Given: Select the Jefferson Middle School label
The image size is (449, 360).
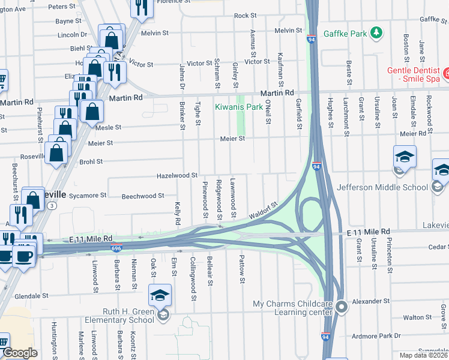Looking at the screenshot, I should pyautogui.click(x=382, y=187).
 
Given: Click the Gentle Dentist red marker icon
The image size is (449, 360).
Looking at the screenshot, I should pyautogui.click(x=445, y=75).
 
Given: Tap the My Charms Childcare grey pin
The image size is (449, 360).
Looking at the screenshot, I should pyautogui.click(x=342, y=307).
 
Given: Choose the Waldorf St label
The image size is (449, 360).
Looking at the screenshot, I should pyautogui.click(x=265, y=211).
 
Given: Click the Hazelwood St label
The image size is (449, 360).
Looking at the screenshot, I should pyautogui.click(x=177, y=175).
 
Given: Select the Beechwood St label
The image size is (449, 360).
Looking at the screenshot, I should pyautogui.click(x=143, y=196).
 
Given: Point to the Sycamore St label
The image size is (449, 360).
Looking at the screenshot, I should pyautogui.click(x=88, y=195).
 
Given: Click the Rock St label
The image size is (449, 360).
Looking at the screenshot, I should pyautogui.click(x=245, y=16).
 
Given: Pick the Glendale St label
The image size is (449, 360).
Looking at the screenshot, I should pyautogui.click(x=31, y=296).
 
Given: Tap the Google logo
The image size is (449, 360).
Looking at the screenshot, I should pyautogui.click(x=20, y=353).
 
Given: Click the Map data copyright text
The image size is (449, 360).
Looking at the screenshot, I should pyautogui.click(x=424, y=355).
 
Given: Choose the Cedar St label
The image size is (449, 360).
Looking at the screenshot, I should pyautogui.click(x=438, y=247).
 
